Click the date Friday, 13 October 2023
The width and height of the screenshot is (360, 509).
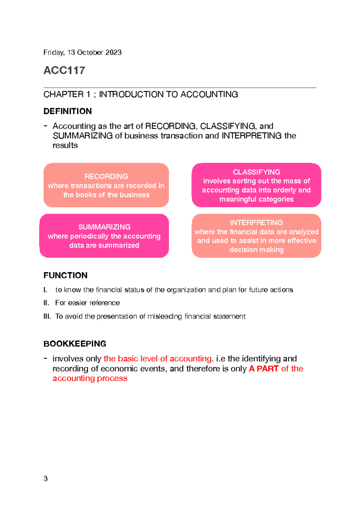pos(82,53)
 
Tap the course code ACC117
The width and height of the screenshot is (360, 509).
pos(64,71)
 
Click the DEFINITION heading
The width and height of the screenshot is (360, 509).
pos(67,111)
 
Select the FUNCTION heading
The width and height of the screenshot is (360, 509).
pos(65,275)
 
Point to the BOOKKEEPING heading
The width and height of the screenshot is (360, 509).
pos(75,344)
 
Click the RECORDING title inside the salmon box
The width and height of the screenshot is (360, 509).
pos(106,176)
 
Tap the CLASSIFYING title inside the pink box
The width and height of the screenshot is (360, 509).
pos(256,172)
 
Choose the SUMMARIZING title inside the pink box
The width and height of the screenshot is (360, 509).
pos(104,227)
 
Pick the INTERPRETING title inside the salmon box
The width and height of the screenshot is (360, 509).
pos(256,223)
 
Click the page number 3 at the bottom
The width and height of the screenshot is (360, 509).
pos(46,478)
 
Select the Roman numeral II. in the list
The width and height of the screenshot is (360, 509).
pos(46,303)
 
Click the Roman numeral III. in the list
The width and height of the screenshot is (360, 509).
pos(47,316)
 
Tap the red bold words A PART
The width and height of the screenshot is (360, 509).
pos(264,369)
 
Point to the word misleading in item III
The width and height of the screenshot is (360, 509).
pos(165,316)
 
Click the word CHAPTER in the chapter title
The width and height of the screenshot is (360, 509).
pos(63,95)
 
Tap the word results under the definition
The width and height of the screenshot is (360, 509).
pos(65,146)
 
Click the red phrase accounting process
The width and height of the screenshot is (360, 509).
pos(90,378)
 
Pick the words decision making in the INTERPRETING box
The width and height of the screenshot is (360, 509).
pos(256,250)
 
